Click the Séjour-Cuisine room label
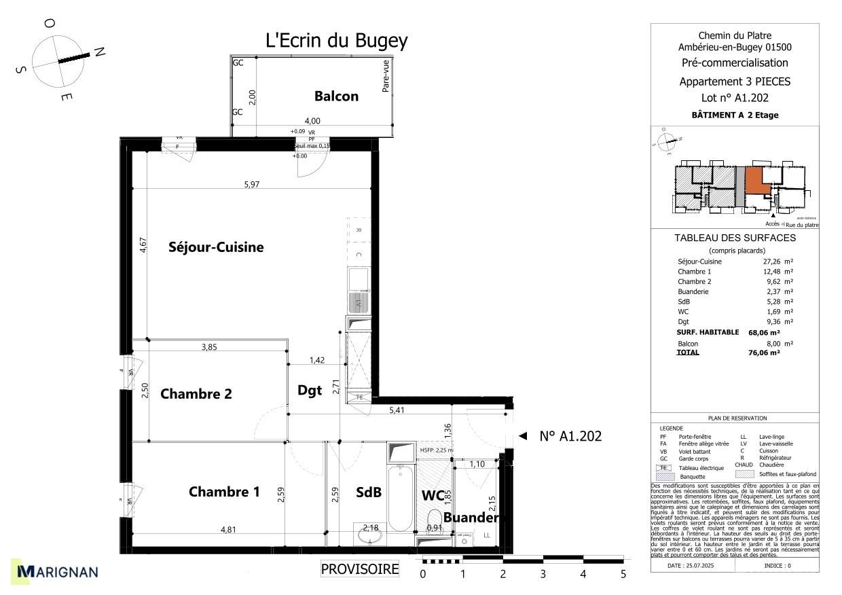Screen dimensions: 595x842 [x=216, y=248]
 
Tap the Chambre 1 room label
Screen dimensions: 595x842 [x=224, y=492]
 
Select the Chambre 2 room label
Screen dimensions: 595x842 [x=196, y=394]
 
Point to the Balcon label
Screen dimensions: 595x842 [x=336, y=96]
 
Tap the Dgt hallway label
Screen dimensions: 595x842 [x=310, y=391]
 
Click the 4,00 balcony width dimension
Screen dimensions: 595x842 [x=312, y=122]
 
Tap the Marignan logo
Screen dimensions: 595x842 [x=58, y=572]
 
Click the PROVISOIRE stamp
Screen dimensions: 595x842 [x=360, y=569]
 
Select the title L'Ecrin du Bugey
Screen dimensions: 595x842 [x=336, y=41]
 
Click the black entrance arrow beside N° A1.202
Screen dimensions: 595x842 [x=521, y=437]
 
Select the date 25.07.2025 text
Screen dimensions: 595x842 [x=691, y=565]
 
